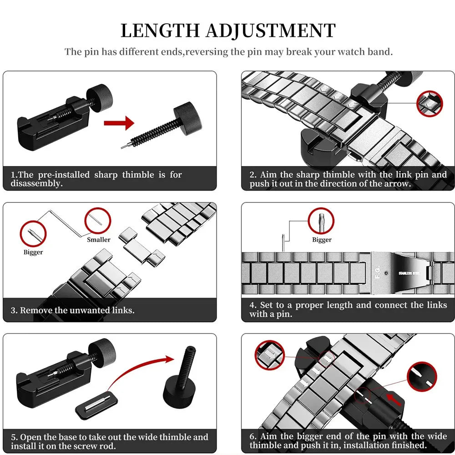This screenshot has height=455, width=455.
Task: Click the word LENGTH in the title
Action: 160,30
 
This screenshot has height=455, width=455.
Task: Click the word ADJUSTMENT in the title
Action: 271,30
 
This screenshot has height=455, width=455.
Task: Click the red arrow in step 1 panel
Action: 119,123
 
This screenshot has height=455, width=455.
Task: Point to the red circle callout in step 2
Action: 430,104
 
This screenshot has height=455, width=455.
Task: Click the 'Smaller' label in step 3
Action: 99,239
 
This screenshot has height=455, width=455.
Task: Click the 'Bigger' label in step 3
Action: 33,252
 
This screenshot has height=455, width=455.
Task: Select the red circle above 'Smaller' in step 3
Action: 97,221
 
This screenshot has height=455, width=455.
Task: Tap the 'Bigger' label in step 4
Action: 322,240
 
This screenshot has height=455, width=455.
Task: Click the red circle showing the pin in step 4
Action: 321,221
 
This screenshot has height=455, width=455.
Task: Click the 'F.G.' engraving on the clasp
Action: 378,273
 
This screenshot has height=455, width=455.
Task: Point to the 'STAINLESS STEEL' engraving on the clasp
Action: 409,273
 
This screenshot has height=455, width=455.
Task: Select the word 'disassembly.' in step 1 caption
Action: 36,184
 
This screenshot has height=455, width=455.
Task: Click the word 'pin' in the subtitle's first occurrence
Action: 91,52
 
